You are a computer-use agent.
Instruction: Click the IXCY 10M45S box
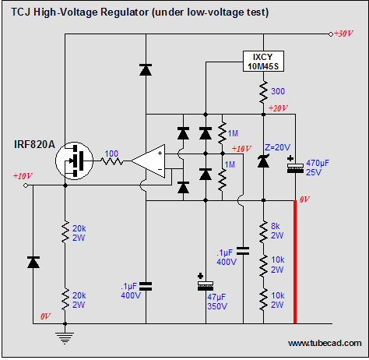point(263,62)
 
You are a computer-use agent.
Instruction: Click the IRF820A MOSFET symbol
point(74,161)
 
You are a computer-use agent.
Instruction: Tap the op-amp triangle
point(148,161)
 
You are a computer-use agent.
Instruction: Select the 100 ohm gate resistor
point(112,161)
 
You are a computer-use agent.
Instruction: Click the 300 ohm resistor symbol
point(263,92)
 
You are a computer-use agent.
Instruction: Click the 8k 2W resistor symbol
point(263,231)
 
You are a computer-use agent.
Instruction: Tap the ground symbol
point(65,337)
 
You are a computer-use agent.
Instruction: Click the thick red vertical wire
point(295,262)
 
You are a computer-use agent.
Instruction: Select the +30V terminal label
point(343,34)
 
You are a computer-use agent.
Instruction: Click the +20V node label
point(278,108)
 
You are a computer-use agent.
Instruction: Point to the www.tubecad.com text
point(325,343)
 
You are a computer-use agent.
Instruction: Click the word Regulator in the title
point(125,12)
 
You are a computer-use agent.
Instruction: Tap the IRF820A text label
point(34,144)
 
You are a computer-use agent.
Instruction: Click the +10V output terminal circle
point(26,185)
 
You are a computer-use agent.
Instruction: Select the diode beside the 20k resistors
point(33,262)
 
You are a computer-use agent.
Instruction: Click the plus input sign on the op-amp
point(160,154)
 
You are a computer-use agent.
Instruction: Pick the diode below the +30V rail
point(146,69)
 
